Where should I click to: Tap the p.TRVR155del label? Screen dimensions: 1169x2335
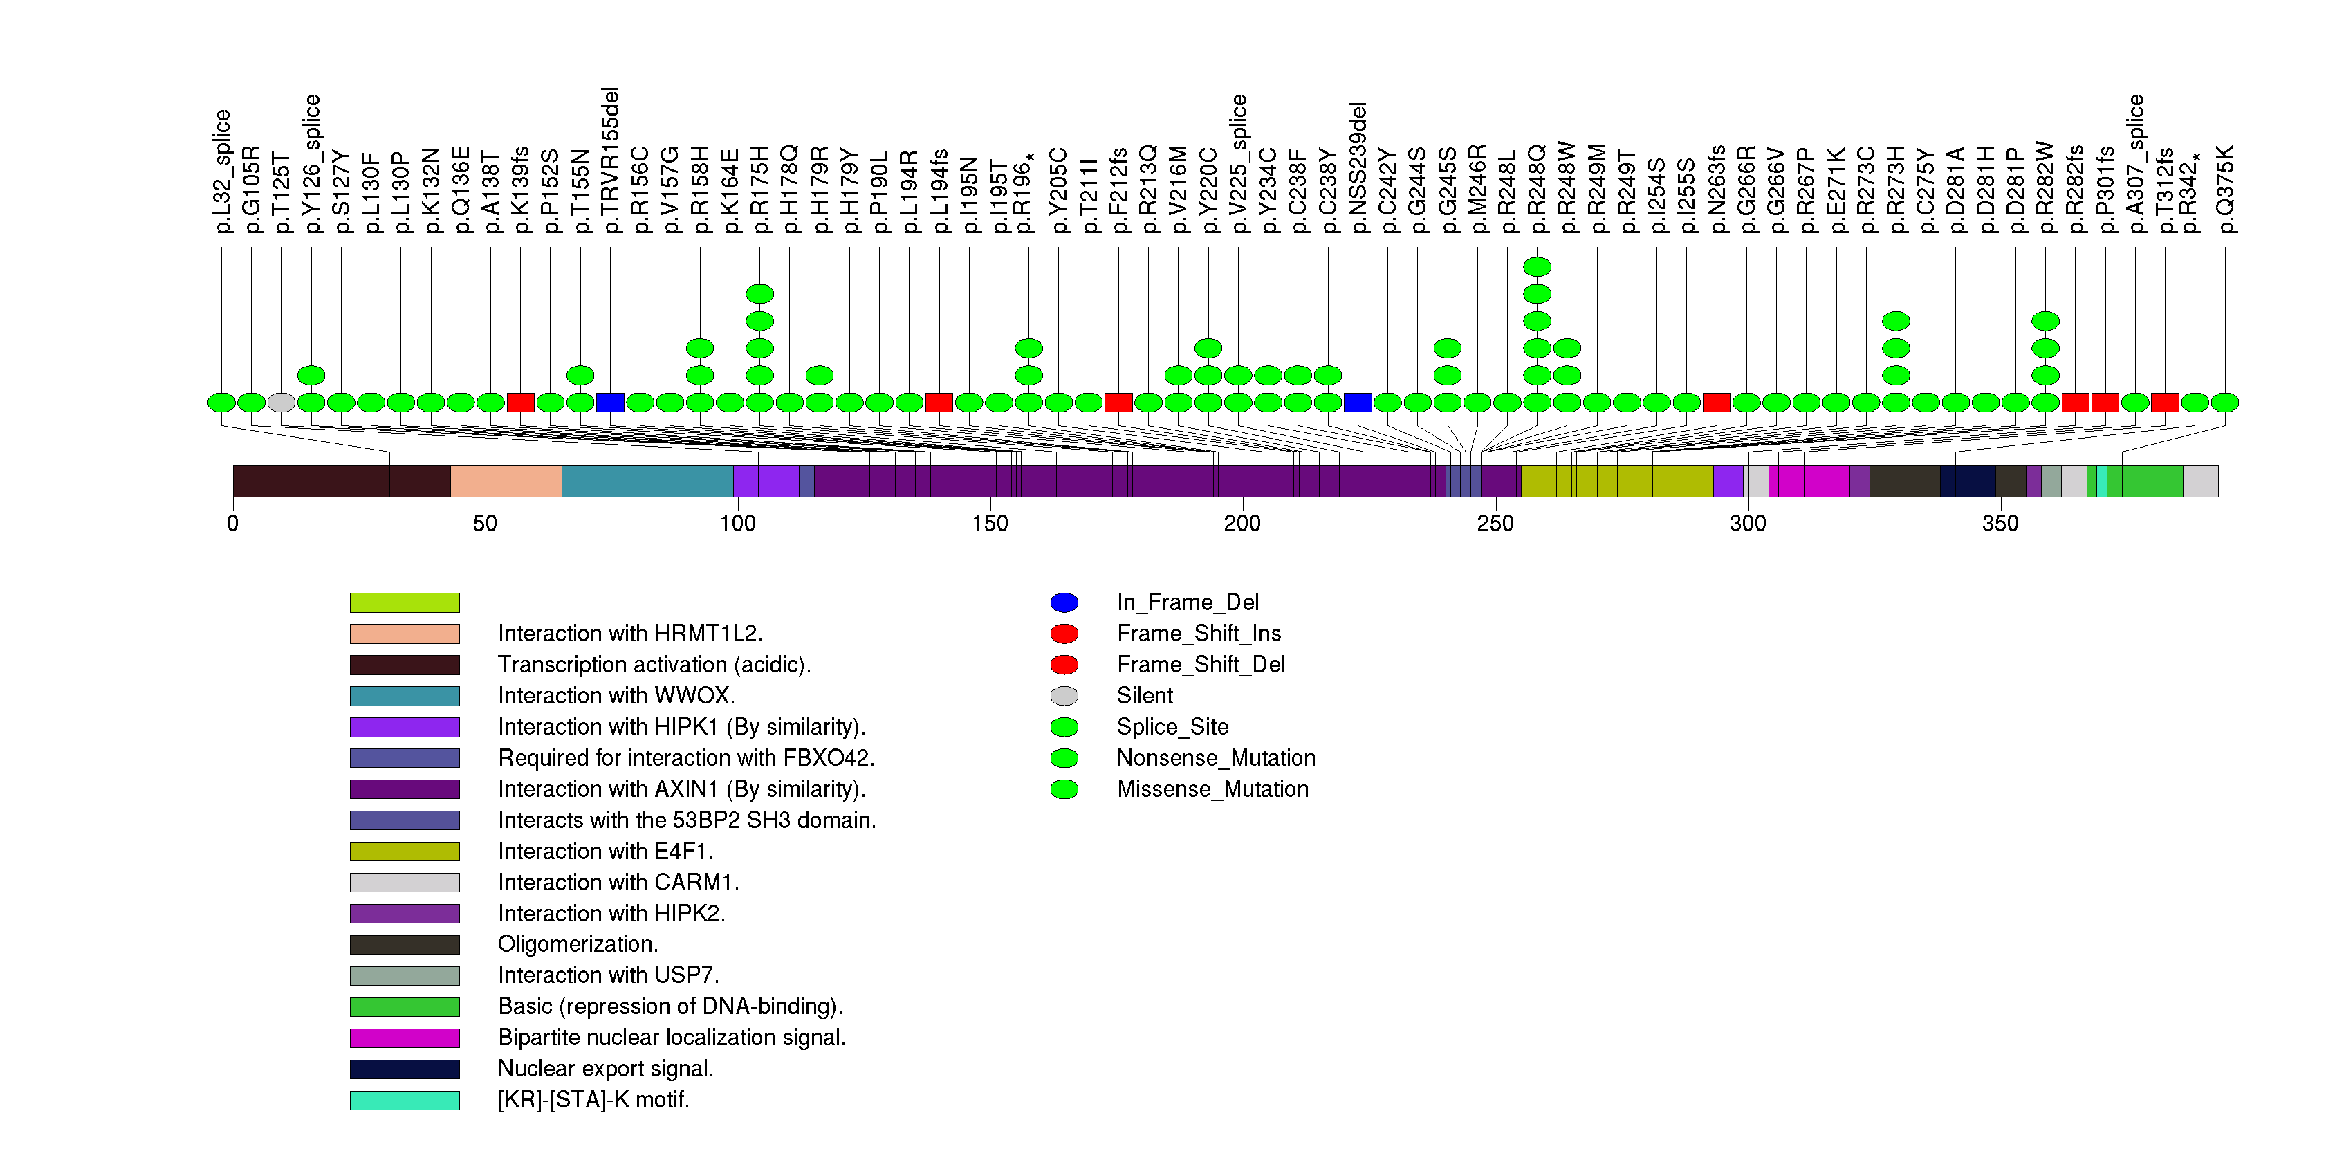611,160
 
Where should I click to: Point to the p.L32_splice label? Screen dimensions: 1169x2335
222,172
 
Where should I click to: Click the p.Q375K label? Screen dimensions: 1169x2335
2225,190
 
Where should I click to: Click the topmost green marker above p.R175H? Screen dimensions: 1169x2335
759,293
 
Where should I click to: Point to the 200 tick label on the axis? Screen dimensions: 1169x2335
1242,524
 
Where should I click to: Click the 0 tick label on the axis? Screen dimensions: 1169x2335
233,524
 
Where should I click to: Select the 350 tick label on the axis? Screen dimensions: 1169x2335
2000,524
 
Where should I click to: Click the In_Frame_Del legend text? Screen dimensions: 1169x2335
1188,602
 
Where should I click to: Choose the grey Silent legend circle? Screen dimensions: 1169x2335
1064,696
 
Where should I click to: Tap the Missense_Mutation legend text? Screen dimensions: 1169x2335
1212,789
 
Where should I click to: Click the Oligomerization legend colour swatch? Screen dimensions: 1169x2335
405,945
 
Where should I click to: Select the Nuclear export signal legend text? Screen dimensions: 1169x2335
605,1069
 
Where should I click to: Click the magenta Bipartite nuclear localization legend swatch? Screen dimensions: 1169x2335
405,1038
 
